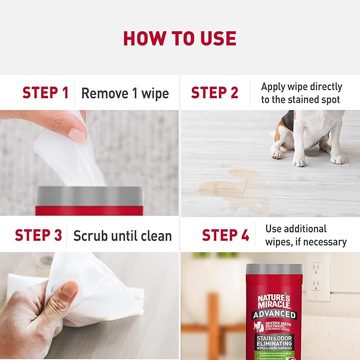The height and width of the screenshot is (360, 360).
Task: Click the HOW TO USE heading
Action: coord(180,39)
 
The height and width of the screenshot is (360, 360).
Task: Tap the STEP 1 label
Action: coord(45,93)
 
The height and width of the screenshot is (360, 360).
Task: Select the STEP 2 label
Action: coord(214,93)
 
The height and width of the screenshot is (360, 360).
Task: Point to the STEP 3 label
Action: coord(38,235)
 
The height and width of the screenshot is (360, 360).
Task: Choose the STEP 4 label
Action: coord(225,235)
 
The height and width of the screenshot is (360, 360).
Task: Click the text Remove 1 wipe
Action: coord(125,94)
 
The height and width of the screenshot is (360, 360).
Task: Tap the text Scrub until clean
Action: coord(122,236)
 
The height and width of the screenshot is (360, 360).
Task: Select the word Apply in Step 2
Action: coord(274,87)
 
